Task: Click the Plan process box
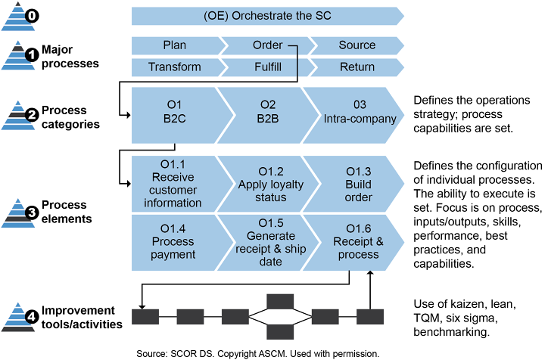point(174,45)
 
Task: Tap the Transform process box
point(174,67)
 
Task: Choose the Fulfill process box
point(267,67)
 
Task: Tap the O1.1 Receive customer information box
point(177,184)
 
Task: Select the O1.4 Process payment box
point(177,241)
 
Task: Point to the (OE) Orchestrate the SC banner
point(267,16)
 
